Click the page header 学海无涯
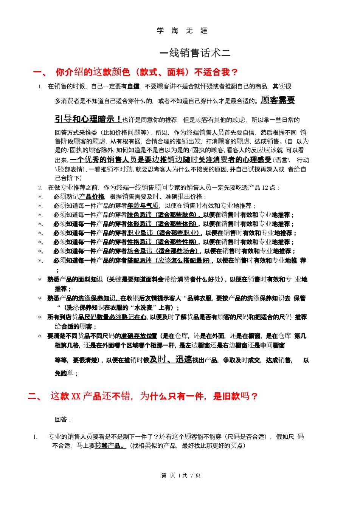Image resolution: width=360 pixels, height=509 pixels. coord(182,31)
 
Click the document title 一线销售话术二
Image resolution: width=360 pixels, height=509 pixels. coord(195,53)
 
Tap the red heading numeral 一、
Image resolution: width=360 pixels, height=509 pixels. coord(39,73)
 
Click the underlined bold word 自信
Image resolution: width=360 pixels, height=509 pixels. coord(133,87)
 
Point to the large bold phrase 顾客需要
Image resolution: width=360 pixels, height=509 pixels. coord(278,100)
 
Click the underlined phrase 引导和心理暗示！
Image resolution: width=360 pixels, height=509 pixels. coord(88,119)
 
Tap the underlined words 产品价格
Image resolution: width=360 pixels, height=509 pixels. coord(92,196)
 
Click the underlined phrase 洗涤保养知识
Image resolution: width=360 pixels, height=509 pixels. coord(97,298)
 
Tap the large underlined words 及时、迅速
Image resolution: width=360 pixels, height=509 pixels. coord(171,360)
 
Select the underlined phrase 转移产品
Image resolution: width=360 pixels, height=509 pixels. coord(109,446)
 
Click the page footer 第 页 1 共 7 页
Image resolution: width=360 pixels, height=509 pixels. coord(181,475)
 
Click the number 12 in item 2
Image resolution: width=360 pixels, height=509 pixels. coord(265,187)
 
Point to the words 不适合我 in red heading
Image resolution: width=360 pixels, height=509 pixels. coord(212,72)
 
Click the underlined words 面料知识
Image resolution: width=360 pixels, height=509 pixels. coord(90,279)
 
